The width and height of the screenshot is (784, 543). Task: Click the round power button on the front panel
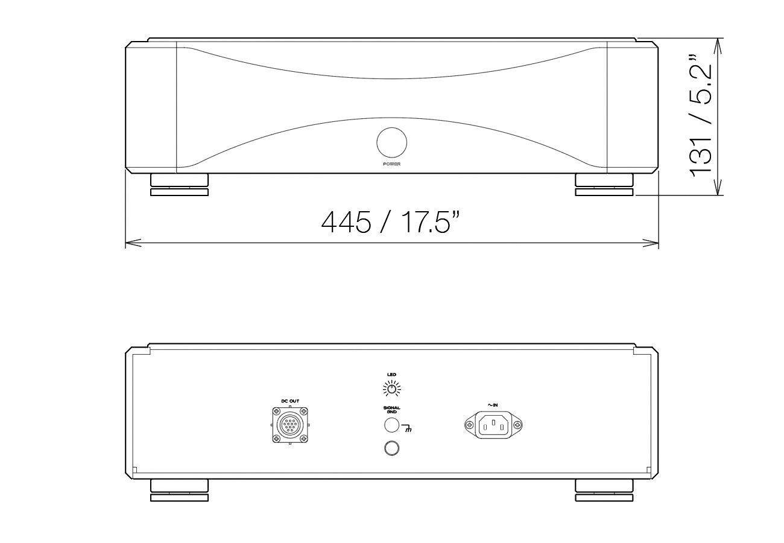point(391,142)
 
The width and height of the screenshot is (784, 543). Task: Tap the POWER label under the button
point(391,164)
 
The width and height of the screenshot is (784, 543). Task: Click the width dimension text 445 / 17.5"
point(390,222)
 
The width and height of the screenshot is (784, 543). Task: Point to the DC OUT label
point(290,401)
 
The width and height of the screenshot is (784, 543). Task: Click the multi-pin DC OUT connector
point(290,425)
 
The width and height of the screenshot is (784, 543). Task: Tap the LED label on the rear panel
point(391,375)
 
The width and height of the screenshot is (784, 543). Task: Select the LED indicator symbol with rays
point(391,389)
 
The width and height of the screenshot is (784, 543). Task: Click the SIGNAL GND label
point(391,410)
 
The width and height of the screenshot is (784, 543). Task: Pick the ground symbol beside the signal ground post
point(406,428)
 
